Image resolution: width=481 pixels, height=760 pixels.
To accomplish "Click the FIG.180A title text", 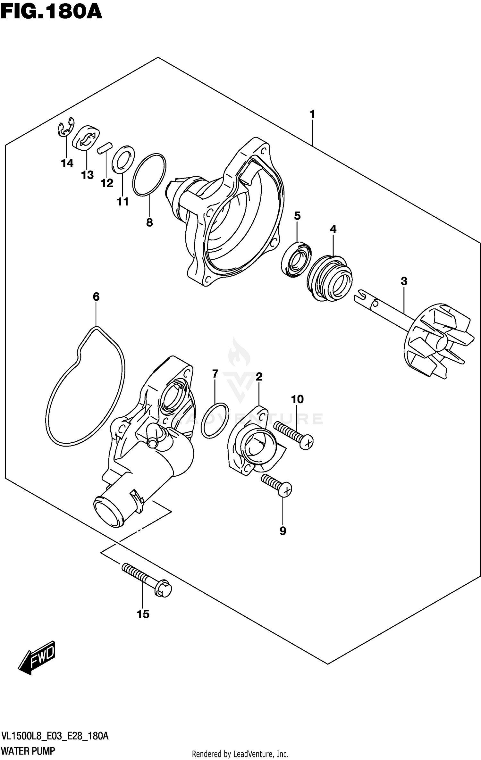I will coord(51,13).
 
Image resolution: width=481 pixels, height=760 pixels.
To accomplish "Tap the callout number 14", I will coord(67,163).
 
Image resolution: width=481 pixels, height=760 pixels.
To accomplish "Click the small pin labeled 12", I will coord(105,148).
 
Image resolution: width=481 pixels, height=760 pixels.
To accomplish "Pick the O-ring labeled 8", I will coord(149,175).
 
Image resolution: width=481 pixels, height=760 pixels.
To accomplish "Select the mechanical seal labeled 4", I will coord(329,278).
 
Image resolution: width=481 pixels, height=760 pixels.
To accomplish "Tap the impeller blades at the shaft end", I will coord(439,341).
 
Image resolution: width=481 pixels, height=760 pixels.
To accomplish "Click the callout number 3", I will coord(404,281).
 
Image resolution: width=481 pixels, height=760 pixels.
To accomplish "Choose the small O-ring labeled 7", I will coord(215,420).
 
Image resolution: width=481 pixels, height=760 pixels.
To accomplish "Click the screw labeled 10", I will coord(293,435).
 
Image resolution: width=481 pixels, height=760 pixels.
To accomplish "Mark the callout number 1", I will coord(312,114).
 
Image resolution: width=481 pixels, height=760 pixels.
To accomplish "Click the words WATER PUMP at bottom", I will coord(28,751).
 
